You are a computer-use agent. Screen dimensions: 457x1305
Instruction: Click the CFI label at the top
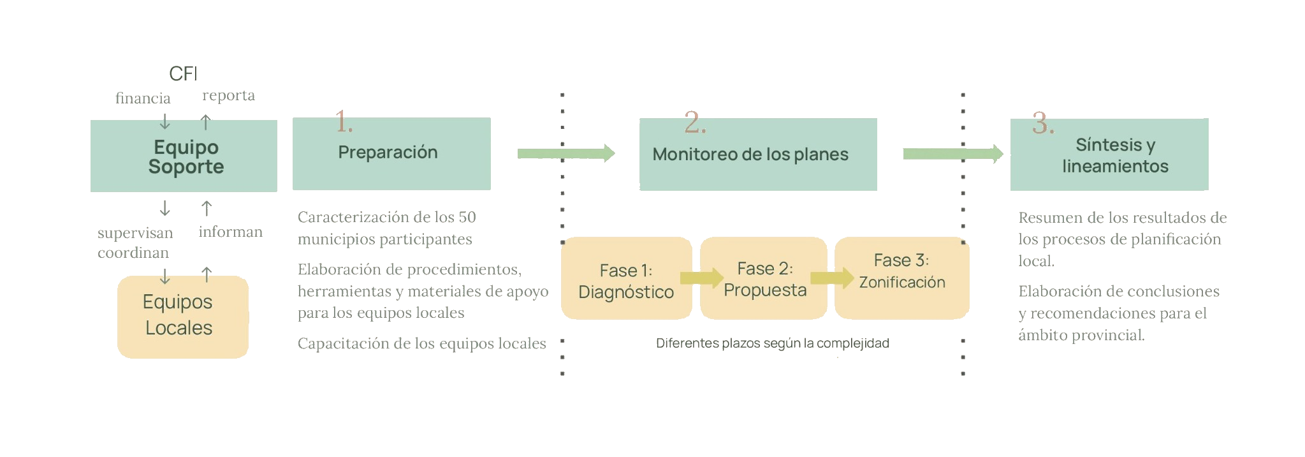pyautogui.click(x=183, y=74)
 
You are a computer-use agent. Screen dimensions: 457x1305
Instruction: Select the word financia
pyautogui.click(x=143, y=98)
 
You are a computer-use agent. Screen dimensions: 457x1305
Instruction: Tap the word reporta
pyautogui.click(x=228, y=95)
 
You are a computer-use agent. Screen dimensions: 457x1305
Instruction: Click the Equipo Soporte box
pyautogui.click(x=184, y=157)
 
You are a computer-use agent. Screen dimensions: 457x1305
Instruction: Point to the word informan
pyautogui.click(x=230, y=232)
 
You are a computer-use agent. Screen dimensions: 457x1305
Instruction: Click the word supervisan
pyautogui.click(x=135, y=233)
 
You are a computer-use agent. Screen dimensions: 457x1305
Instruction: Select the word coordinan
pyautogui.click(x=133, y=253)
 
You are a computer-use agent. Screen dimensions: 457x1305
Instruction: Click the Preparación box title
pyautogui.click(x=388, y=153)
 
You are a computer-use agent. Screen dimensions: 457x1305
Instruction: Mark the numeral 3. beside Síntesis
pyautogui.click(x=1042, y=123)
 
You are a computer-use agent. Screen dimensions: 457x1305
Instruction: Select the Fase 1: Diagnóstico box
pyautogui.click(x=626, y=280)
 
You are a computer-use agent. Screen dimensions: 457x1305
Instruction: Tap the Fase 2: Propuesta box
pyautogui.click(x=764, y=279)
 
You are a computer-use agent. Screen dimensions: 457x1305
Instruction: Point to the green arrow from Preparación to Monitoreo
pyautogui.click(x=566, y=153)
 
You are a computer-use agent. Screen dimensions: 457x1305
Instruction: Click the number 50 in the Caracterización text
pyautogui.click(x=467, y=217)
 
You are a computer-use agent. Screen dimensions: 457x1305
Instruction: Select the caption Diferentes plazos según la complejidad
pyautogui.click(x=772, y=343)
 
